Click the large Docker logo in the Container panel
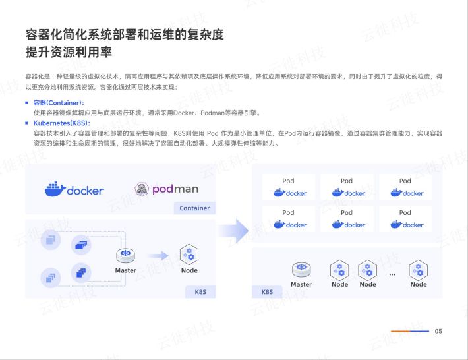point(74,189)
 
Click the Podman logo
point(167,189)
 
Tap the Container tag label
point(194,208)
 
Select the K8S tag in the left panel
point(200,292)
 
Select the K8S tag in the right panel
point(267,292)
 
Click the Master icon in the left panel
point(125,256)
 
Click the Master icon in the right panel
point(301,269)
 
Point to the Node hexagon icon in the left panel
point(189,255)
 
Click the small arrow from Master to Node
point(158,256)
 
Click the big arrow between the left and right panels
point(234,231)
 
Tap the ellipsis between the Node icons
point(392,274)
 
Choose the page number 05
point(438,331)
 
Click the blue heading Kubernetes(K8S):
point(61,123)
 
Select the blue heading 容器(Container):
point(59,103)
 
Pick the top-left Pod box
point(288,187)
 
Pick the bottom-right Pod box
point(405,219)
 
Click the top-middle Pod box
point(347,187)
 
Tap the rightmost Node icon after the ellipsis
point(418,270)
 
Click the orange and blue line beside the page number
point(410,331)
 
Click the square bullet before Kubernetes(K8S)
point(27,123)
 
